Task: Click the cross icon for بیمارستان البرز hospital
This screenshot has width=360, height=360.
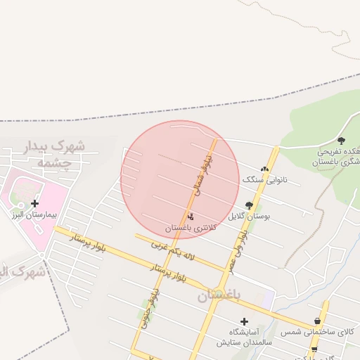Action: click(34, 203)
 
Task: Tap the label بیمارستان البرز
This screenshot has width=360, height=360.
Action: click(34, 214)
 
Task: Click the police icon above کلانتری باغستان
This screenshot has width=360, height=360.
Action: click(191, 217)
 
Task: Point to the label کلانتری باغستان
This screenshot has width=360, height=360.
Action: click(191, 228)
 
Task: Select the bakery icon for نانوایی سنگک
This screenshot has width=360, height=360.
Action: click(264, 169)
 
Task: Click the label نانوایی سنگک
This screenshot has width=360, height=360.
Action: click(260, 180)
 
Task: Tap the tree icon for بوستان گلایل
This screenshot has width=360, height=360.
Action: click(249, 205)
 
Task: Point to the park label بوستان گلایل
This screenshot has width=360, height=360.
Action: click(253, 217)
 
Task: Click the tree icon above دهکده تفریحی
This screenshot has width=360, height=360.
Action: click(342, 141)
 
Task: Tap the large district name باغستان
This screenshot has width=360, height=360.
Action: click(219, 296)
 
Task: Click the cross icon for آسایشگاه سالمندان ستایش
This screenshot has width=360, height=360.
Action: click(244, 321)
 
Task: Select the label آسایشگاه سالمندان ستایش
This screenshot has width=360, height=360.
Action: click(244, 337)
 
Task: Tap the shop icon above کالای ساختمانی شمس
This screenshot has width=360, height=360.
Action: click(317, 321)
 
